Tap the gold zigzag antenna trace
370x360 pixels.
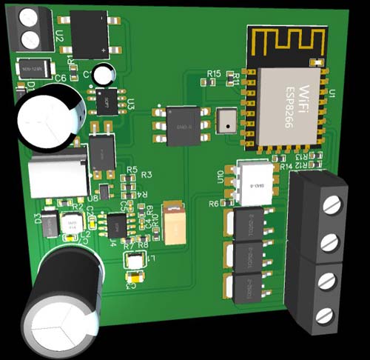click(x=286, y=43)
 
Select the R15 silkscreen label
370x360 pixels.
click(x=214, y=73)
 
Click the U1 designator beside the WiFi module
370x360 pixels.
click(x=332, y=93)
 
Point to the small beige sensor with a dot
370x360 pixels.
click(x=225, y=121)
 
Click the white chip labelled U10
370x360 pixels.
click(x=251, y=181)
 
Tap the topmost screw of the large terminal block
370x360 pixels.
click(x=333, y=207)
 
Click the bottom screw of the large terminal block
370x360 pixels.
click(x=324, y=316)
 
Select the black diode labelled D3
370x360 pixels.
click(x=50, y=222)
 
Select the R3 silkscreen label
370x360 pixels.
click(x=146, y=174)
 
